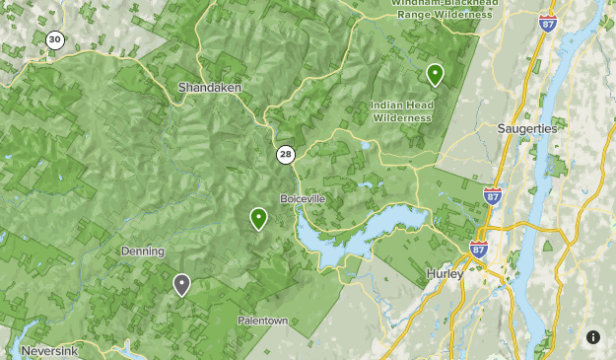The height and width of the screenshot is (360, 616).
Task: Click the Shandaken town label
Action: click(x=208, y=88)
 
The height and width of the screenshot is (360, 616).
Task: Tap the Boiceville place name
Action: click(x=303, y=198)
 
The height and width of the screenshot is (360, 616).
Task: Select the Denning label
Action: click(x=143, y=252)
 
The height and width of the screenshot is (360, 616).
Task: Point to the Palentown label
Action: click(x=262, y=321)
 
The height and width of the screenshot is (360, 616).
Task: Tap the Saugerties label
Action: click(x=527, y=128)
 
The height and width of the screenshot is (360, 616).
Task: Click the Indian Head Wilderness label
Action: click(x=401, y=110)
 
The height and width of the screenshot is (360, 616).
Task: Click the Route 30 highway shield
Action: click(x=55, y=40)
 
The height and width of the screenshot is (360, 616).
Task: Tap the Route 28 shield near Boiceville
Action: click(x=285, y=154)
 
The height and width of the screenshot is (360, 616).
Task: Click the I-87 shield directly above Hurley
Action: click(x=479, y=249)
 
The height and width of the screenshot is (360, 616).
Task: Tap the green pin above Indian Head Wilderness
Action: click(x=435, y=74)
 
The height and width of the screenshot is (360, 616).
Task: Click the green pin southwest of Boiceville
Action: click(x=258, y=218)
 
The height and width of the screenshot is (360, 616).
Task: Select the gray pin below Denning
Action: click(x=181, y=285)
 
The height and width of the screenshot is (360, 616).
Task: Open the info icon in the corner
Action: click(x=593, y=337)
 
